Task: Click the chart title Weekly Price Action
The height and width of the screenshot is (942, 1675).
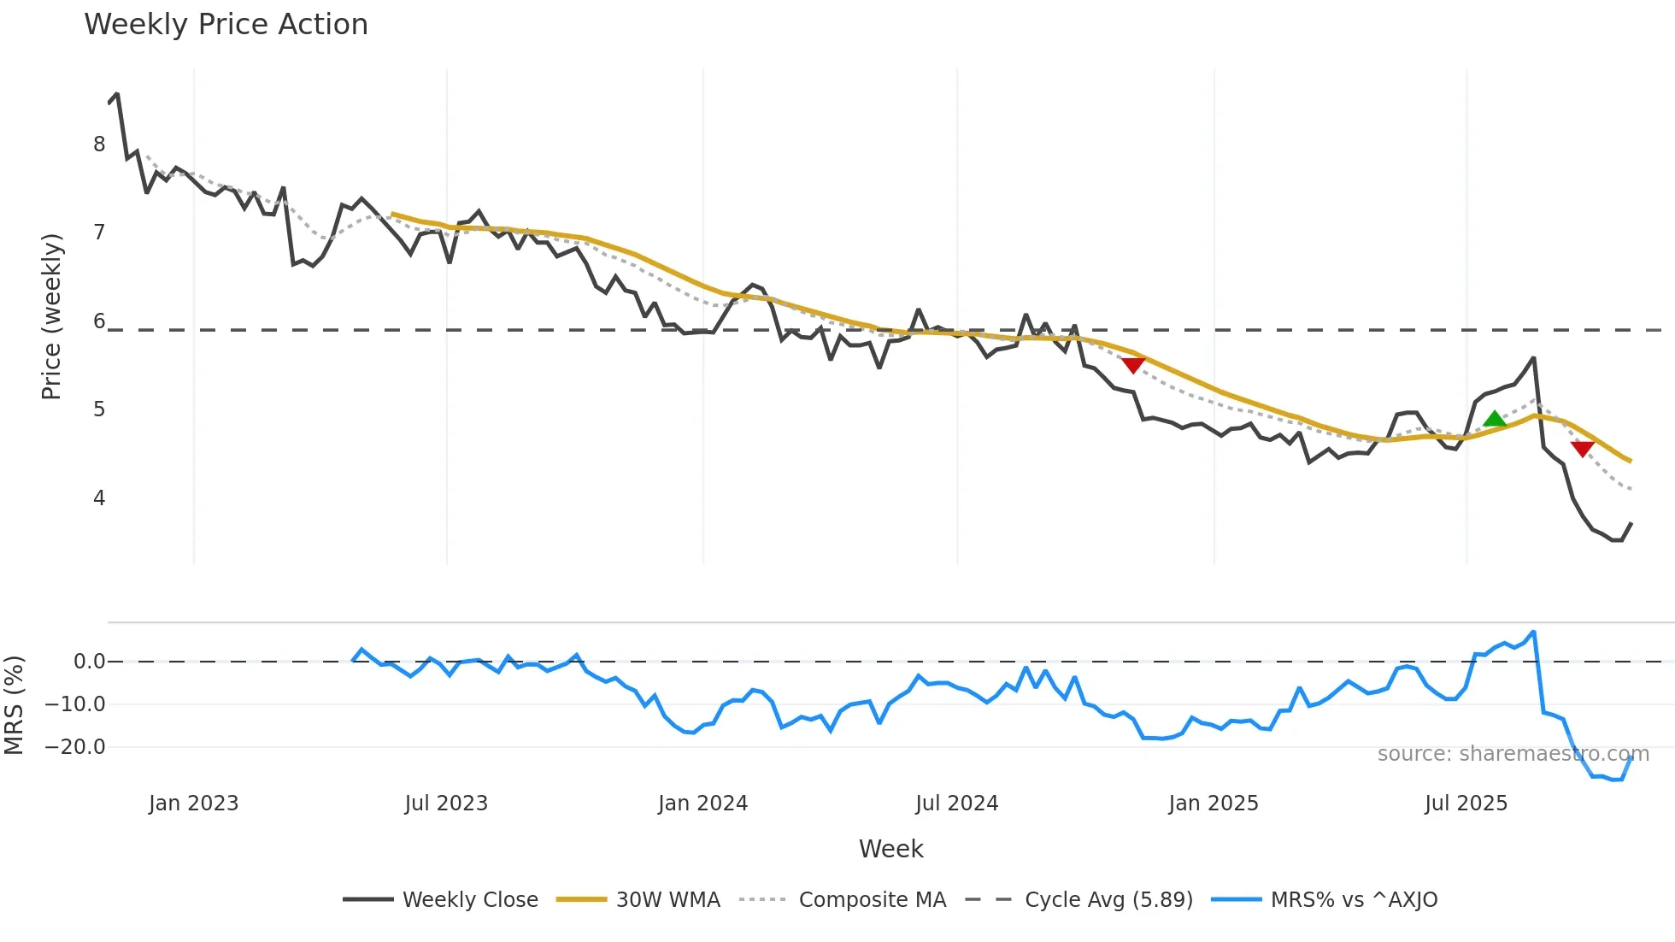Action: point(226,25)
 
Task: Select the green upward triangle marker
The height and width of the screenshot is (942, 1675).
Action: point(1494,419)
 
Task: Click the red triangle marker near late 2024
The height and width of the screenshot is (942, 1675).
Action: point(1133,365)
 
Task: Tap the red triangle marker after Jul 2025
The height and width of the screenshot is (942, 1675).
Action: point(1582,449)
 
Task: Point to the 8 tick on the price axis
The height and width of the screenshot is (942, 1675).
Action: point(99,144)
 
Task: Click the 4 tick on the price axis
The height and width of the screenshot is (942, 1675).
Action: point(99,498)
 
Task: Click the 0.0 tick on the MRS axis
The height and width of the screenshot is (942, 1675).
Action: point(89,662)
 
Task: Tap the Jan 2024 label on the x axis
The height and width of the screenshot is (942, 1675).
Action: point(702,804)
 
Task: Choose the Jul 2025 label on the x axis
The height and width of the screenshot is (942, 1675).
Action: point(1466,804)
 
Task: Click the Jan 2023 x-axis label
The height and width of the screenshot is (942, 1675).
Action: point(193,804)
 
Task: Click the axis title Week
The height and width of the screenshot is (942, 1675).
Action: point(890,849)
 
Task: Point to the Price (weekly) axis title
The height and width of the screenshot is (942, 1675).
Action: point(51,316)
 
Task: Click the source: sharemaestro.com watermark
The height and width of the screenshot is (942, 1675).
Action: point(1513,754)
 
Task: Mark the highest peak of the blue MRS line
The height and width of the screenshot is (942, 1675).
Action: point(1534,633)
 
